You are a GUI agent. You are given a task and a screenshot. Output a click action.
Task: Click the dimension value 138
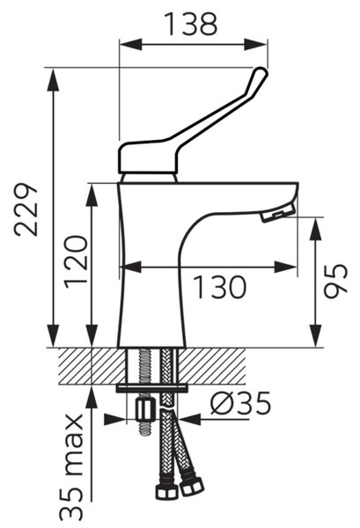pos(192,25)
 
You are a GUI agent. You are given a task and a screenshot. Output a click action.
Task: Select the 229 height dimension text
pos(26,209)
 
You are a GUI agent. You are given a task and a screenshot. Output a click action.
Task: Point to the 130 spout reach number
pos(221,287)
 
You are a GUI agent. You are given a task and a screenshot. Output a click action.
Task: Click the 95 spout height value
pos(335,281)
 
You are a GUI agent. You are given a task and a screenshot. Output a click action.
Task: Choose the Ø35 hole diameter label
pos(241,403)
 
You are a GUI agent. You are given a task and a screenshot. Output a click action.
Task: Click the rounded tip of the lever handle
pos(261,73)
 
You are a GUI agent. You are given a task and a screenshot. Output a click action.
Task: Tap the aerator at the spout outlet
pos(278,213)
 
